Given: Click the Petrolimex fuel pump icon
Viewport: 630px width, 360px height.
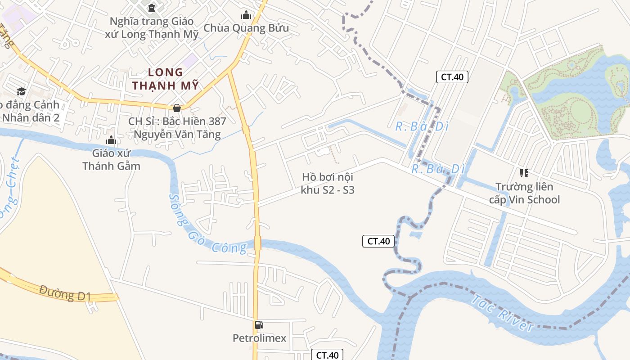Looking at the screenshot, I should click(x=259, y=324).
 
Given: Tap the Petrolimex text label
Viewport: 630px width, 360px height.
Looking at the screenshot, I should click(x=259, y=338).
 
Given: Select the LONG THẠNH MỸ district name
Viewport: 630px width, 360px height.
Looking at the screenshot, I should click(x=166, y=79).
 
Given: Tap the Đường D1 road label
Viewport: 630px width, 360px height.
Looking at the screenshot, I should click(x=65, y=292).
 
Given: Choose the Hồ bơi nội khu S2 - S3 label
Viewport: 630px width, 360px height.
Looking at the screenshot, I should click(x=328, y=184).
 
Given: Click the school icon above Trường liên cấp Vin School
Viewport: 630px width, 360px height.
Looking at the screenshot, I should click(x=524, y=173).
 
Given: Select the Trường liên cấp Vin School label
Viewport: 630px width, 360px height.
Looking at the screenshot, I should click(x=525, y=193).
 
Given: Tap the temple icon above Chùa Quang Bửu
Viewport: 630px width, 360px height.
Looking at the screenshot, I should click(x=246, y=15).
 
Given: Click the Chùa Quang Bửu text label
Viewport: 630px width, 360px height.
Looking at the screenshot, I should click(x=246, y=28).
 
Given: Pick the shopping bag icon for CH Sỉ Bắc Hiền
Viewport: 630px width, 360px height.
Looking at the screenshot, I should click(x=177, y=108).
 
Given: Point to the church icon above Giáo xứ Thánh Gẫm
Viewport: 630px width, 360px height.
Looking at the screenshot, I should click(x=111, y=140).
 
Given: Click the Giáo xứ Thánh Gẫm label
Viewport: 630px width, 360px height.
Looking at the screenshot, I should click(x=111, y=159).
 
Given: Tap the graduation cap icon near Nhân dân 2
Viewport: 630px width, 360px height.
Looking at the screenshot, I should click(x=21, y=91).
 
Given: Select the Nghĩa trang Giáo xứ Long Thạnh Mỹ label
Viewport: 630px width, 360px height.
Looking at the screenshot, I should click(x=152, y=28).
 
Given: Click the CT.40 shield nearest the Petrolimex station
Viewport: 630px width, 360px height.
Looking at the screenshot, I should click(x=327, y=355).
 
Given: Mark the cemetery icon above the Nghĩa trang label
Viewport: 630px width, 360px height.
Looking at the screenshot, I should click(x=152, y=8).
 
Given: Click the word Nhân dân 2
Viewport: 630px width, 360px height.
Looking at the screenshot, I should click(x=31, y=118).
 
